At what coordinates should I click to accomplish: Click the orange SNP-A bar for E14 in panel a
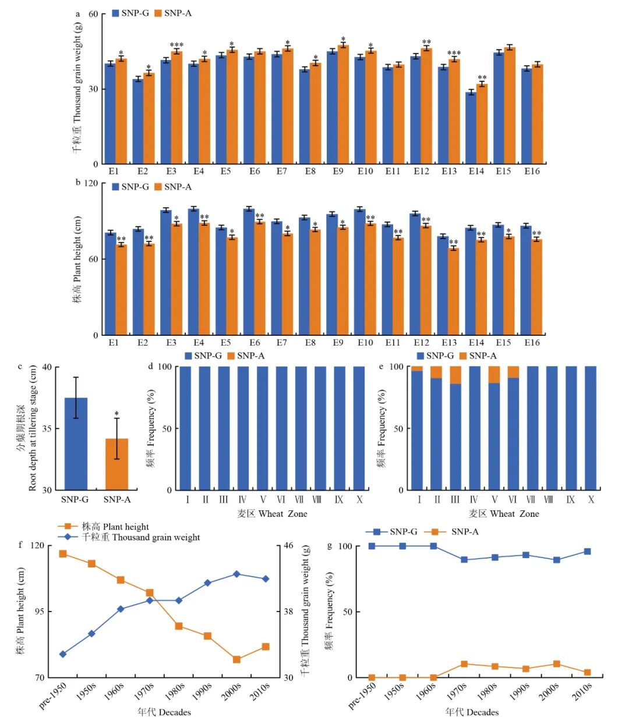(482, 123)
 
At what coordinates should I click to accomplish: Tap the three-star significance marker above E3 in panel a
(176, 45)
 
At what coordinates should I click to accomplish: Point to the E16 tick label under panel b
(532, 343)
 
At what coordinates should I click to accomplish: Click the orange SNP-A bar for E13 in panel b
(453, 291)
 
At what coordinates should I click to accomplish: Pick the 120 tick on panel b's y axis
(91, 183)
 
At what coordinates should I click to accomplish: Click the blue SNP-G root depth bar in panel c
(76, 443)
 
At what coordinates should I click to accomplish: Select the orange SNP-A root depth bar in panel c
(116, 464)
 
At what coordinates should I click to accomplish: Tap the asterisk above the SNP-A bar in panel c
(116, 414)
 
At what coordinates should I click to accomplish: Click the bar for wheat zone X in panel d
(359, 428)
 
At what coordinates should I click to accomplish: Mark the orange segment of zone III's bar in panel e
(455, 375)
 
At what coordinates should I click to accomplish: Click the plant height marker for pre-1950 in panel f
(63, 553)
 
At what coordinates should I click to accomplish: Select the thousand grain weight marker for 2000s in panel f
(236, 574)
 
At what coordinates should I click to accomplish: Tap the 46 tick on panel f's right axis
(288, 546)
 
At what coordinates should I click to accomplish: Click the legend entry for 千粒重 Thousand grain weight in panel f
(134, 538)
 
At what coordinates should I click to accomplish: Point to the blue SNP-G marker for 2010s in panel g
(587, 551)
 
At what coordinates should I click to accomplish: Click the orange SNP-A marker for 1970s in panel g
(464, 664)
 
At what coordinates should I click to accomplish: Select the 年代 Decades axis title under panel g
(472, 712)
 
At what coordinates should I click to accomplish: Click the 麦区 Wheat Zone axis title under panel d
(271, 514)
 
